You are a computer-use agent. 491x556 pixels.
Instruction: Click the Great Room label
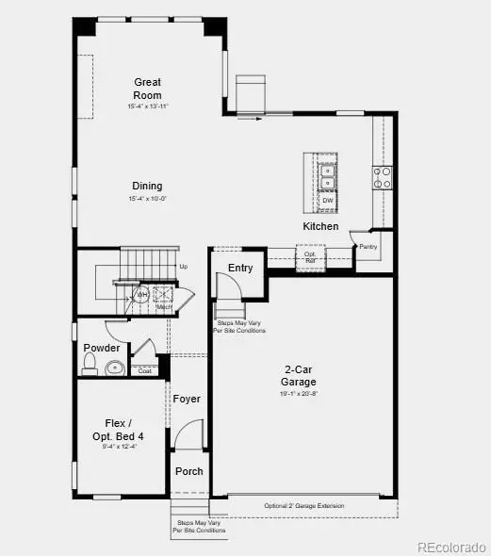147,89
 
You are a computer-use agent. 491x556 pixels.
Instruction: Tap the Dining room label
147,186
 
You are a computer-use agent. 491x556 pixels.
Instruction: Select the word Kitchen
320,227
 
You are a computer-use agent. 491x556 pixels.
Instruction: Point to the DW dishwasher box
327,200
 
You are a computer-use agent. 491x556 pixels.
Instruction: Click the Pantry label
368,247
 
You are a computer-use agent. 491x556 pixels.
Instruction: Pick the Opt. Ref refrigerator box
309,255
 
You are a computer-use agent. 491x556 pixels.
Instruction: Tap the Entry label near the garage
240,268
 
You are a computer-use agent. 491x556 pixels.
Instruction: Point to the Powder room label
102,348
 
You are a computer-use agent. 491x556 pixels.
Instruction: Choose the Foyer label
187,399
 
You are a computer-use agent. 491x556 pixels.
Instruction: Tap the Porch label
189,471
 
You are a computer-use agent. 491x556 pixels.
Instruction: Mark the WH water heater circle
142,295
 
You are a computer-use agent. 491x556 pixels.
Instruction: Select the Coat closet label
144,370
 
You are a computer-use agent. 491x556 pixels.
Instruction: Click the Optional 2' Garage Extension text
303,507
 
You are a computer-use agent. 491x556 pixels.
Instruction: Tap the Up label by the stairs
183,267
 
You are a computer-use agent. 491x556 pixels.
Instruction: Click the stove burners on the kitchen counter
383,178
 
